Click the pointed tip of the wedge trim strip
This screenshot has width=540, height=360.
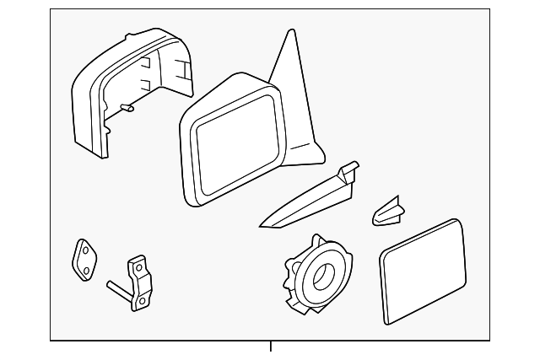click(x=262, y=226)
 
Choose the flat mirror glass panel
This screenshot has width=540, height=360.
click(x=423, y=270)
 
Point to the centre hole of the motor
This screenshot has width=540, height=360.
click(x=323, y=273)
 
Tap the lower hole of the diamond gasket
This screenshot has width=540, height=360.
click(x=85, y=269)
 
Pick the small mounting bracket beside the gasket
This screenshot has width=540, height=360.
click(x=140, y=277)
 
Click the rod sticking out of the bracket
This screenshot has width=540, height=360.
click(x=117, y=289)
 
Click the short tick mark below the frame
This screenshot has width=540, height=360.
click(x=270, y=347)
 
